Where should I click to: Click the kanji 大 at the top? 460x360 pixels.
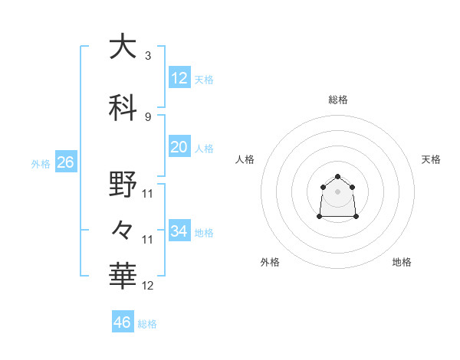[123, 47]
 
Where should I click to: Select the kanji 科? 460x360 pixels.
[123, 106]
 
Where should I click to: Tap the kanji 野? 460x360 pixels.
[123, 185]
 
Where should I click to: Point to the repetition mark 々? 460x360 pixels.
[123, 229]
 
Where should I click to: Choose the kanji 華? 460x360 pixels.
[123, 276]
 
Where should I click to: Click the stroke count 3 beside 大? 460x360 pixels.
[148, 56]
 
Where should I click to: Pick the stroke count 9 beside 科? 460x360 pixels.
[148, 116]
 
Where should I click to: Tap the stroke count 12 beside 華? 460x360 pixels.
[148, 286]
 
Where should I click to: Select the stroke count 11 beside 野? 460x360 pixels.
[148, 194]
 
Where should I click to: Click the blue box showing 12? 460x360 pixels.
[179, 78]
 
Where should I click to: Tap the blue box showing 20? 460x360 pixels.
[179, 147]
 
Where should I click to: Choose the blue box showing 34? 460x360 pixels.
[179, 231]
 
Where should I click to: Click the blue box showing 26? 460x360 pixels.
[66, 162]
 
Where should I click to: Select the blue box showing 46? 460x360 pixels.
[123, 322]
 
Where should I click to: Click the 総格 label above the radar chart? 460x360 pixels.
[338, 100]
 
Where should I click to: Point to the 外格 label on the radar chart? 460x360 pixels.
[270, 262]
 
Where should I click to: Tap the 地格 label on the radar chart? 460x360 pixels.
[402, 262]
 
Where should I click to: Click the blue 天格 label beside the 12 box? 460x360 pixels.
[204, 79]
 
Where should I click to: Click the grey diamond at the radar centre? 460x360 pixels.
[338, 191]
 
